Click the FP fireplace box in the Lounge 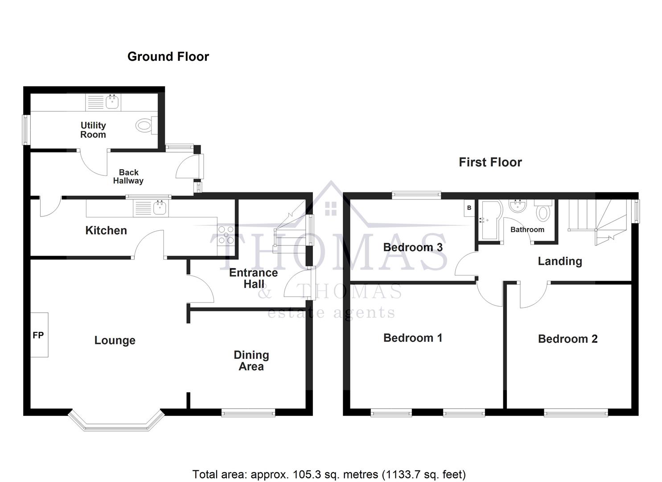pyautogui.click(x=39, y=335)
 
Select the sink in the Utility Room pyautogui.click(x=113, y=103)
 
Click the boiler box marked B pyautogui.click(x=469, y=208)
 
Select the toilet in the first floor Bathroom pyautogui.click(x=543, y=211)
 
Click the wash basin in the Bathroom pyautogui.click(x=518, y=205)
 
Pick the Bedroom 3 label pyautogui.click(x=413, y=247)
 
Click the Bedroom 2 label pyautogui.click(x=567, y=339)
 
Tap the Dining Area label pyautogui.click(x=251, y=361)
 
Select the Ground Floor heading pyautogui.click(x=168, y=57)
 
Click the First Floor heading pyautogui.click(x=490, y=162)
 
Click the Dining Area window pyautogui.click(x=248, y=413)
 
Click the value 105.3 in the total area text pyautogui.click(x=307, y=474)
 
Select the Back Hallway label pyautogui.click(x=128, y=176)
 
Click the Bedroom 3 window pyautogui.click(x=416, y=195)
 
